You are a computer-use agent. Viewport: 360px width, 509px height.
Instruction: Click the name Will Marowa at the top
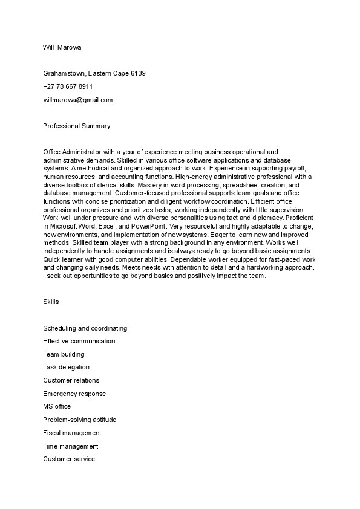coord(63,47)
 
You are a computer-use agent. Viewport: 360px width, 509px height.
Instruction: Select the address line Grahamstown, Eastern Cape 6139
coord(94,74)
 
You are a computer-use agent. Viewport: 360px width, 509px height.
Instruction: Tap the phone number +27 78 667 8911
coord(68,86)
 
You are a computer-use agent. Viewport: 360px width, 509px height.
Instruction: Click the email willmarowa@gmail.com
coord(78,100)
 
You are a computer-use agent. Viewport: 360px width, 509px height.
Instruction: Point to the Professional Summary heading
coord(77,126)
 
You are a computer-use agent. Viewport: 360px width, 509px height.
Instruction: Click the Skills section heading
coord(51,301)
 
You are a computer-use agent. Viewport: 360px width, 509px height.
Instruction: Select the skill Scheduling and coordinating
coord(85,328)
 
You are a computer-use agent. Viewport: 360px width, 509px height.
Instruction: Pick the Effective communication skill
coord(79,341)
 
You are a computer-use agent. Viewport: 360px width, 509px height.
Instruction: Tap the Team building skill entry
coord(64,354)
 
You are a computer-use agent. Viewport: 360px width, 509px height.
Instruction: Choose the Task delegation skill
coord(66,367)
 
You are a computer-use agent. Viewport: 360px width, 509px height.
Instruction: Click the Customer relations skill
coord(71,380)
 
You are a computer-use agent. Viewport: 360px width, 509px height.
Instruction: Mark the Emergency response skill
coord(74,394)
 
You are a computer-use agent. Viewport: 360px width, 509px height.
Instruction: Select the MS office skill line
coord(57,407)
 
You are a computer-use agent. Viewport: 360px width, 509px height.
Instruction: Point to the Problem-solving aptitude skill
coord(79,420)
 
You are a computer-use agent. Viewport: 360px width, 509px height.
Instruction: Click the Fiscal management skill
coord(72,433)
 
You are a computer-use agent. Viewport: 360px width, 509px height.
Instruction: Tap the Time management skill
coord(70,446)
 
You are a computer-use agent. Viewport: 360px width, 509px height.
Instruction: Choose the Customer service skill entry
coord(69,459)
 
